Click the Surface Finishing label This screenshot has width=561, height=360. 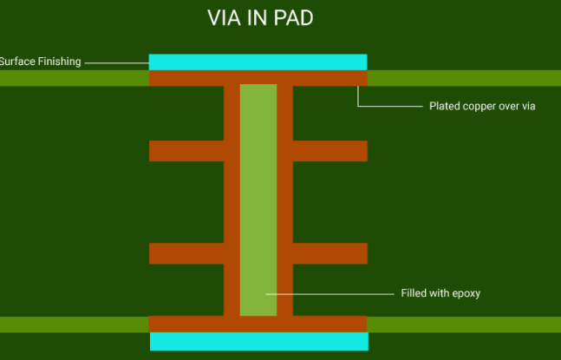[40, 62]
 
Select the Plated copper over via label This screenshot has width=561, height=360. [482, 106]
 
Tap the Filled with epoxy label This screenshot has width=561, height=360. [440, 293]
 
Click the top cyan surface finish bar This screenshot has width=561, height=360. [258, 62]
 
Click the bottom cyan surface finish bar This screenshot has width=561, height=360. [258, 341]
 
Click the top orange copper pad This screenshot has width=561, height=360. [258, 78]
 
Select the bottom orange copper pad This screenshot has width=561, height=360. [258, 324]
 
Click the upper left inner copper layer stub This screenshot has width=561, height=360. [186, 151]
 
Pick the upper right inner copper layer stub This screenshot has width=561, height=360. [329, 151]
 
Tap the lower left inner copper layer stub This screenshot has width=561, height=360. [186, 253]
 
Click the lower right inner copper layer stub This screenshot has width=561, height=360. [329, 253]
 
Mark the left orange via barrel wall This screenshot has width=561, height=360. [232, 200]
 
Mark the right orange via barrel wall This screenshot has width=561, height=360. [284, 200]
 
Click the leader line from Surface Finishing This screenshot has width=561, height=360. [116, 62]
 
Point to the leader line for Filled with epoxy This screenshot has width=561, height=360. [329, 293]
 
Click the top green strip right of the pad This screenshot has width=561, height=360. [464, 78]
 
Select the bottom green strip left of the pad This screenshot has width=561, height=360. [74, 324]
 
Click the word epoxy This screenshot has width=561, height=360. [465, 294]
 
